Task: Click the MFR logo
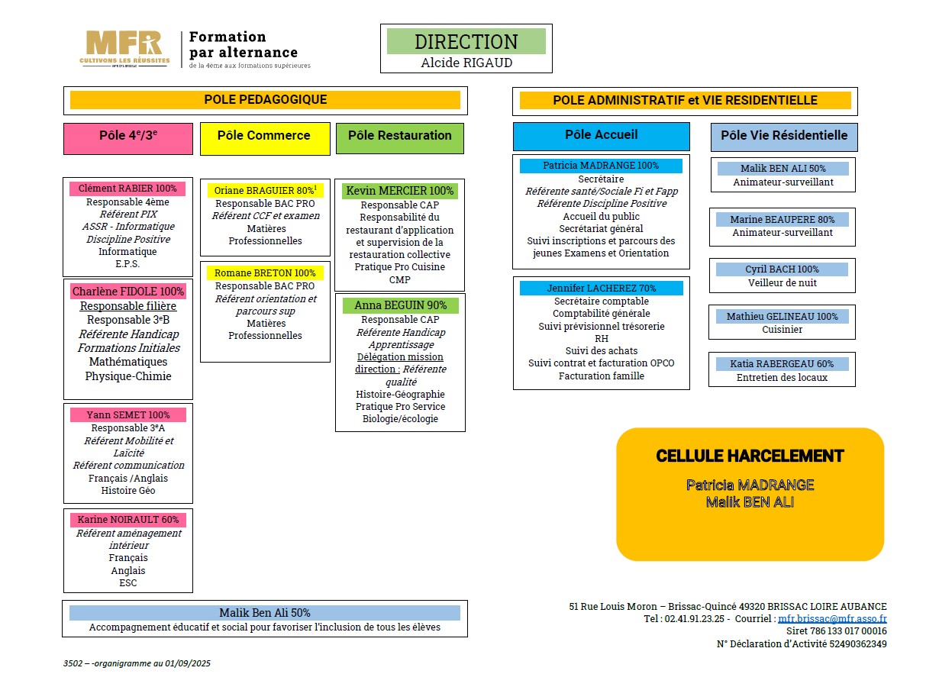click(x=124, y=48)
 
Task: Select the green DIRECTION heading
click(x=466, y=41)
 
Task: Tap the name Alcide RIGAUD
click(x=466, y=63)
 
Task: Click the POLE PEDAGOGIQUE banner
click(x=265, y=100)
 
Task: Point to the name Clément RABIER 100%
click(x=127, y=189)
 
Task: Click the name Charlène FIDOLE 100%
click(x=128, y=291)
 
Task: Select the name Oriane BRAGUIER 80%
click(x=264, y=190)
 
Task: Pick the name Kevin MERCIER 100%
click(x=399, y=191)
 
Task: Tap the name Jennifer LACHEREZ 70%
click(x=601, y=288)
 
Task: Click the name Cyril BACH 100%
click(x=782, y=269)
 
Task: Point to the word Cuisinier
click(x=782, y=330)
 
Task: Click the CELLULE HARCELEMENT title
click(x=750, y=456)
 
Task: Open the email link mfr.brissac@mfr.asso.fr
click(x=832, y=619)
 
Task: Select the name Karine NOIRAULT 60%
click(x=127, y=520)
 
